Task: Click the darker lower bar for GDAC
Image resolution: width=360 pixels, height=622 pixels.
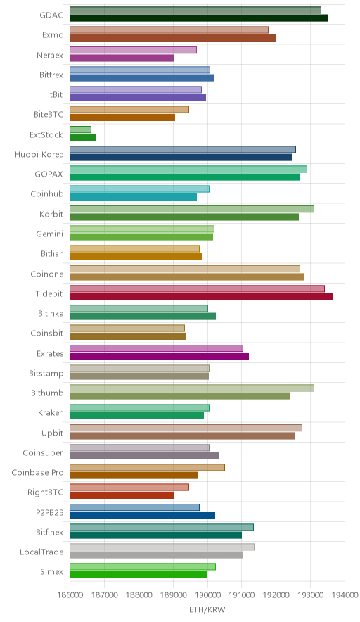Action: click(x=199, y=18)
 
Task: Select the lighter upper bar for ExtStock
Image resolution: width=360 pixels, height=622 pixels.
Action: click(x=80, y=129)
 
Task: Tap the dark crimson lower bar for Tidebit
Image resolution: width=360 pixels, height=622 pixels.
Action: click(x=201, y=296)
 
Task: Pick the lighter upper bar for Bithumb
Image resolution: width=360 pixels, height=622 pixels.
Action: click(x=192, y=388)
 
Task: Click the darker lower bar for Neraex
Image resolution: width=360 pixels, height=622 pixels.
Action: click(x=122, y=58)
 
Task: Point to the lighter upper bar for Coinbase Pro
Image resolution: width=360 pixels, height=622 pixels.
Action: click(x=147, y=467)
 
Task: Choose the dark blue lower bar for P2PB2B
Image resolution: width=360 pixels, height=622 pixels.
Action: click(x=142, y=515)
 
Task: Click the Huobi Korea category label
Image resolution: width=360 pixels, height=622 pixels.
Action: click(x=39, y=154)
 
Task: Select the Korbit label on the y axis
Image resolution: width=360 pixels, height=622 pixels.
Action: click(x=51, y=214)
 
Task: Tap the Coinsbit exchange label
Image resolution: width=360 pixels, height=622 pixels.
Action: click(x=47, y=334)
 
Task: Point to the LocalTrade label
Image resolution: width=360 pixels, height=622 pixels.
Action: click(x=41, y=552)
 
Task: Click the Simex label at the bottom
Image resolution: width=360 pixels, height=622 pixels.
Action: click(x=51, y=571)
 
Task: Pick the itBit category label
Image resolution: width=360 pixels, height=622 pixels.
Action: click(x=55, y=95)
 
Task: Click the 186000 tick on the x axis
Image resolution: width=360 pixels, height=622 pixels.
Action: click(x=70, y=595)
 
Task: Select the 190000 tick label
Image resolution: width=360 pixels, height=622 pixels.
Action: click(x=207, y=595)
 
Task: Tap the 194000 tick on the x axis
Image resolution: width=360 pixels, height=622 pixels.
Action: click(x=345, y=595)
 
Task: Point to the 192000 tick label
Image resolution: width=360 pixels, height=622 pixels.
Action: click(x=276, y=595)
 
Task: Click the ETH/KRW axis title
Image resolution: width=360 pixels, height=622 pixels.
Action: click(x=207, y=610)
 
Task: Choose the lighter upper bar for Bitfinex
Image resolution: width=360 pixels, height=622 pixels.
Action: click(x=162, y=527)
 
